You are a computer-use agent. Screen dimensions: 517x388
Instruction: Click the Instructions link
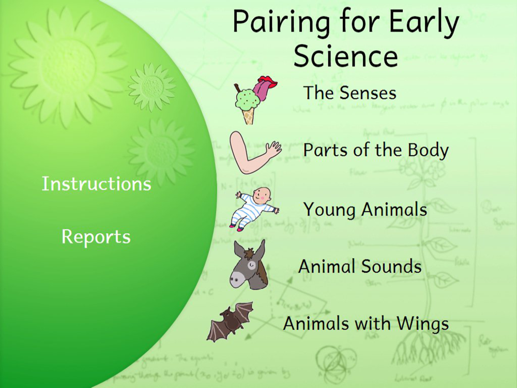point(96,184)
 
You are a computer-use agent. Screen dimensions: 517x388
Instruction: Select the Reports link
point(96,237)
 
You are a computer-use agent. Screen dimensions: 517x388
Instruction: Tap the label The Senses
point(349,93)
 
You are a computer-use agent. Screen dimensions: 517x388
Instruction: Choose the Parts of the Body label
point(376,150)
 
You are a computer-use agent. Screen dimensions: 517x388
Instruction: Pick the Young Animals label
point(365,210)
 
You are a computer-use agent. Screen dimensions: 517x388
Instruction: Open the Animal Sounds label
point(360,266)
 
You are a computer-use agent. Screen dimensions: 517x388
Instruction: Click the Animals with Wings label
point(366,323)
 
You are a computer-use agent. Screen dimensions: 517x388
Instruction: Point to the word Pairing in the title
point(281,22)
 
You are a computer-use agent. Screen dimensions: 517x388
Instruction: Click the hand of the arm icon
point(275,149)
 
